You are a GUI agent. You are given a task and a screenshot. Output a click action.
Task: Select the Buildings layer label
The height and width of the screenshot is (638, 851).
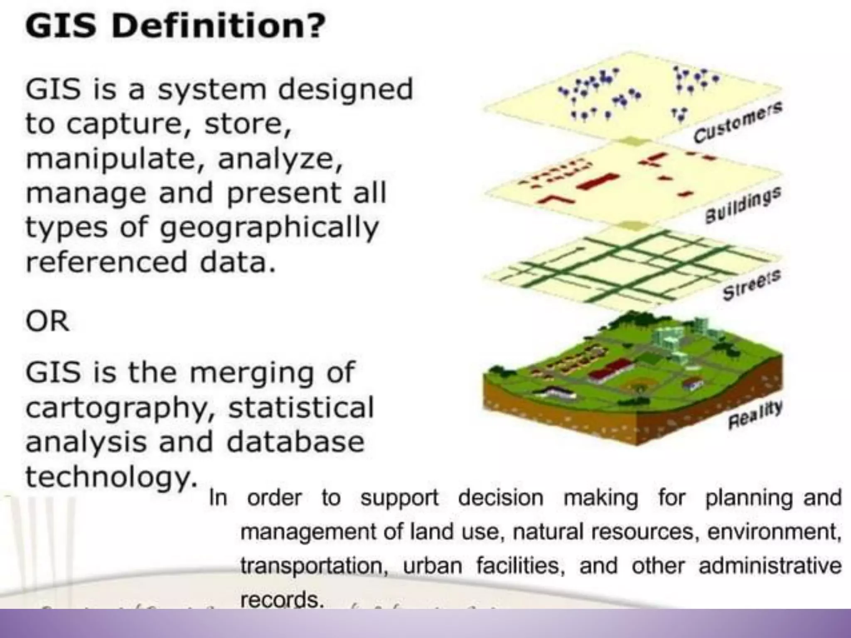[x=743, y=205]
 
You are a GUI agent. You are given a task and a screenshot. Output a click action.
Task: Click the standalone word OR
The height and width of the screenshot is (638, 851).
[x=47, y=321]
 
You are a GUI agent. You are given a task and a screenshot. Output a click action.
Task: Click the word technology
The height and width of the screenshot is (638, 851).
[x=111, y=478]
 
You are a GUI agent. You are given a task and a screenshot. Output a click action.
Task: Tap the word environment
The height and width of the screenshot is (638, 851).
[x=774, y=532]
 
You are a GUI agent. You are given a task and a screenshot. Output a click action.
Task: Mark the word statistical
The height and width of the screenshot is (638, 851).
[x=301, y=408]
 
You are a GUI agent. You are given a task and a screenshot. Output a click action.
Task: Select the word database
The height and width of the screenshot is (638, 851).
[x=295, y=442]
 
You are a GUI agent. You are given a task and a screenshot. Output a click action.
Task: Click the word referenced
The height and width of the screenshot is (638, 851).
[x=106, y=263]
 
